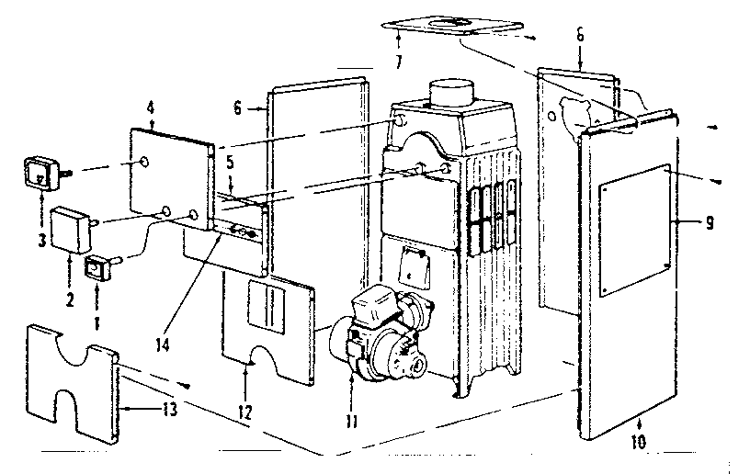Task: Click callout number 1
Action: pos(97,299)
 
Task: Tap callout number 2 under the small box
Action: pos(71,274)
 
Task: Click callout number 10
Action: pos(639,442)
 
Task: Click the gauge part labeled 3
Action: pos(40,172)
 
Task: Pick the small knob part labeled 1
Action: pos(97,269)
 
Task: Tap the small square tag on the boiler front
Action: pos(407,273)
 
